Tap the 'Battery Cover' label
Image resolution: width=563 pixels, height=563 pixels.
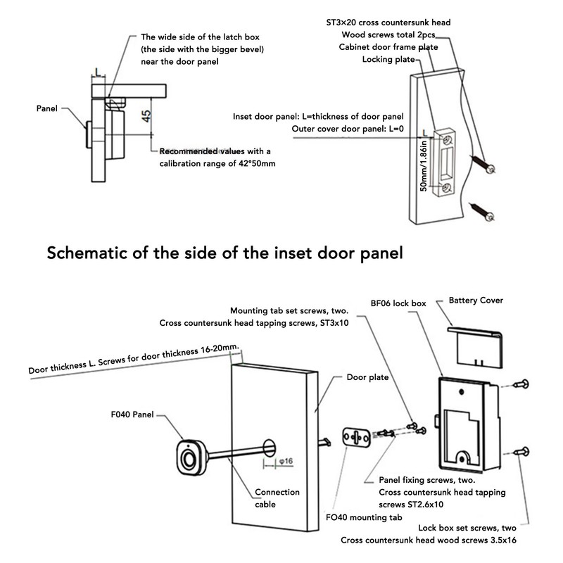tap(475, 301)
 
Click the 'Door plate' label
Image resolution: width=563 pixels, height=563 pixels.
tap(368, 377)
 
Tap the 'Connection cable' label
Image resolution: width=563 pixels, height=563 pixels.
tap(277, 498)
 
